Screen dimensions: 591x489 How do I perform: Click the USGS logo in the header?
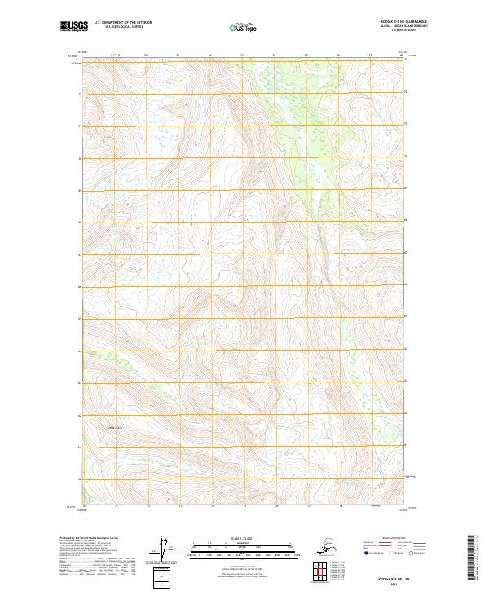(73, 28)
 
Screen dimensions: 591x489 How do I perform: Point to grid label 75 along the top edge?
(242, 55)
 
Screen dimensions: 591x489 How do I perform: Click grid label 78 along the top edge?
(338, 55)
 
